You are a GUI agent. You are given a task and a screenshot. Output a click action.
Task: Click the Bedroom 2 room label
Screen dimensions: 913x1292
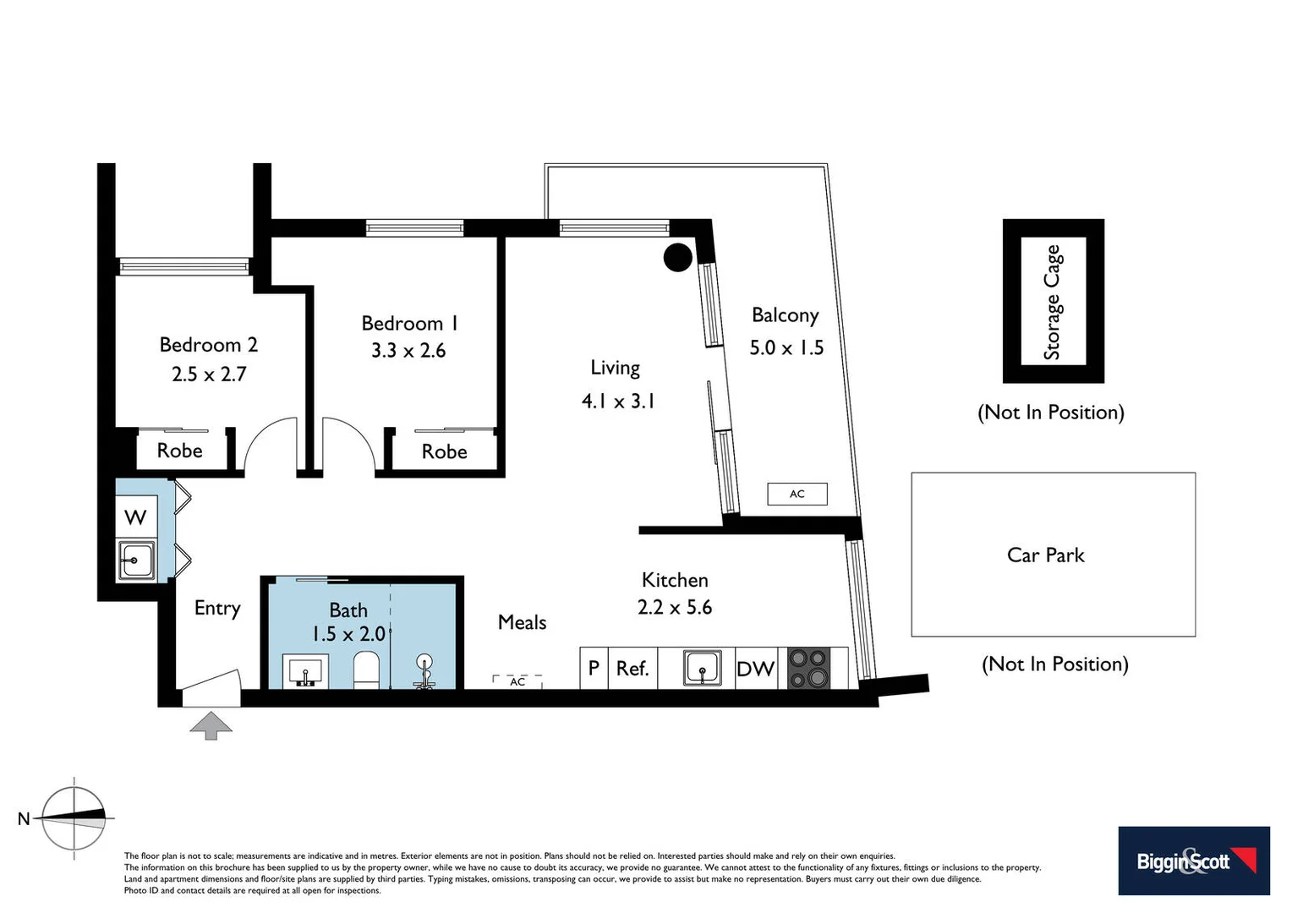tap(208, 345)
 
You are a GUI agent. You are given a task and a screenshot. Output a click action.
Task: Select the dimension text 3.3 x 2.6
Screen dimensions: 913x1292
tap(408, 351)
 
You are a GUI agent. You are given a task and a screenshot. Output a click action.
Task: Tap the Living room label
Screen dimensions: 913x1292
tap(615, 368)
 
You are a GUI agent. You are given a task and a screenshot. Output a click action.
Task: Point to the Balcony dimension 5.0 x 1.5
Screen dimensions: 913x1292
tap(786, 347)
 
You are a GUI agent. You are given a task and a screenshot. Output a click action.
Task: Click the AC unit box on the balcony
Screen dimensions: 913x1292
tap(797, 494)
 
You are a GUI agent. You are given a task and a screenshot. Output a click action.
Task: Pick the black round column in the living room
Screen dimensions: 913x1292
tap(677, 257)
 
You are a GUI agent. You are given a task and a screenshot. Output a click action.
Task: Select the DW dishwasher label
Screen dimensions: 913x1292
tap(755, 669)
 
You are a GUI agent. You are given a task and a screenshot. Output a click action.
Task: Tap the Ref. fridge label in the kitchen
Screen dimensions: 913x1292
tap(632, 669)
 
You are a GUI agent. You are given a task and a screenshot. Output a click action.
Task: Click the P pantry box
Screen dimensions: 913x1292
tap(594, 668)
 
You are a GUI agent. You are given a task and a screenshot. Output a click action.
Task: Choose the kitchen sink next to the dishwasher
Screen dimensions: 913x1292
tap(702, 668)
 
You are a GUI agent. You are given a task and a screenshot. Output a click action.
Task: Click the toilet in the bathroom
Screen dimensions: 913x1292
tap(367, 670)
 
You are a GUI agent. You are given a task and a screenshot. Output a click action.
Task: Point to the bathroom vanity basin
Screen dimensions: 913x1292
tap(305, 672)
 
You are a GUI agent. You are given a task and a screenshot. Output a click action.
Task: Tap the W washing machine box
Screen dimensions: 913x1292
tap(136, 517)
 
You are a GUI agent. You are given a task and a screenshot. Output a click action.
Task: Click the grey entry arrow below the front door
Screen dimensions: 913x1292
tap(211, 725)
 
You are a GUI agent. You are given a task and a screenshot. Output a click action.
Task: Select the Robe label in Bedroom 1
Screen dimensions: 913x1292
tap(444, 452)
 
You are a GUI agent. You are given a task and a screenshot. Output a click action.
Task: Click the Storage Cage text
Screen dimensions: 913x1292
tap(1052, 302)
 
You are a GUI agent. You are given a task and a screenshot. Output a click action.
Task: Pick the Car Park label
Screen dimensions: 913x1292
tap(1045, 555)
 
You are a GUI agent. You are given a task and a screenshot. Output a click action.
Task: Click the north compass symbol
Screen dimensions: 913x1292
tap(74, 817)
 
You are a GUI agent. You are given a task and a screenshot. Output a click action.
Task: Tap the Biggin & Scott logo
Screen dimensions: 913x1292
tap(1193, 861)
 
